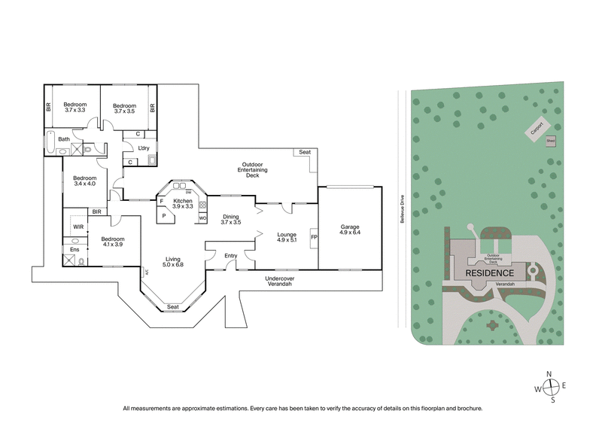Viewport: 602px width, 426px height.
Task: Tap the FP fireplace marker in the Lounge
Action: pos(314,239)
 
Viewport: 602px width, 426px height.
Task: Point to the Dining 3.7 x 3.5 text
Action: pos(230,219)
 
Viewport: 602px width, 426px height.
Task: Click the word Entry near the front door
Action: pos(230,256)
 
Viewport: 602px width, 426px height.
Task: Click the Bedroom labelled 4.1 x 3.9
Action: pos(105,243)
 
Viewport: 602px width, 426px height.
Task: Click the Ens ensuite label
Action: pos(74,249)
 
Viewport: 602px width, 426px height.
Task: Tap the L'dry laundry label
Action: pos(142,148)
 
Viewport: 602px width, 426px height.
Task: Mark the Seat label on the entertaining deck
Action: pos(305,152)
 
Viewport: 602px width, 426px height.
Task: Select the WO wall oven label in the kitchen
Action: pos(202,218)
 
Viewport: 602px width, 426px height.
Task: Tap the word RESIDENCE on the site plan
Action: pos(490,272)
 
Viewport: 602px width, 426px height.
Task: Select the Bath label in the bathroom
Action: pos(65,139)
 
